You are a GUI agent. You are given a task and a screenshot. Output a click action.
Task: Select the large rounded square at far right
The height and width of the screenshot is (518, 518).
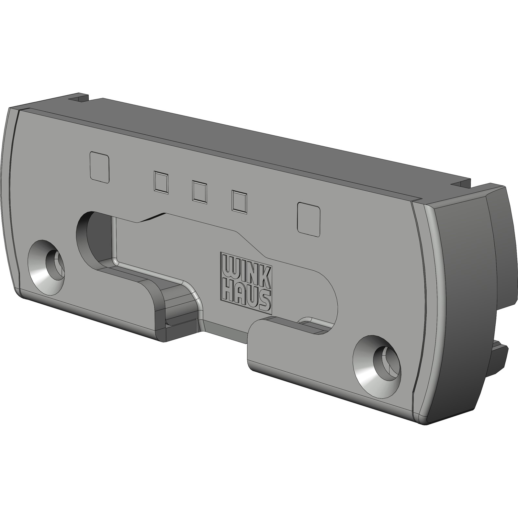coord(309,218)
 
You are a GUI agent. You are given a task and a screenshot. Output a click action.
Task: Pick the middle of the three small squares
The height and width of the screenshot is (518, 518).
coord(199,192)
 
